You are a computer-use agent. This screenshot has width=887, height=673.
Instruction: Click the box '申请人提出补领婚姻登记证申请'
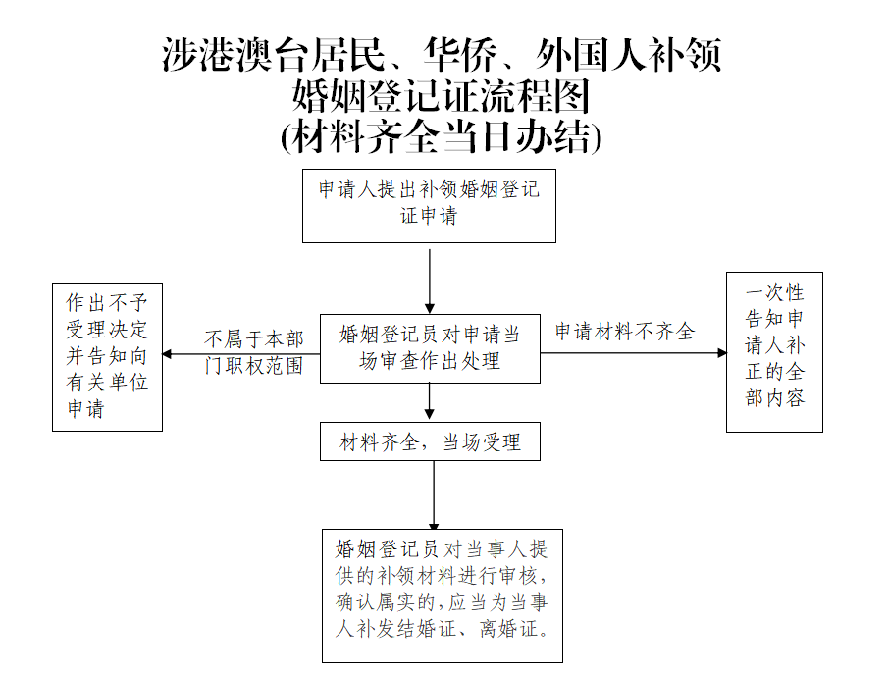coord(429,205)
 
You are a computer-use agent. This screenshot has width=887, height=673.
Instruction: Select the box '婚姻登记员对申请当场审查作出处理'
coord(430,348)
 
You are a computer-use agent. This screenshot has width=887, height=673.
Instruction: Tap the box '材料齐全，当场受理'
coord(430,442)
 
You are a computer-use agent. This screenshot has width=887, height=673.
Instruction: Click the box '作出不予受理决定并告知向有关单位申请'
coord(107,356)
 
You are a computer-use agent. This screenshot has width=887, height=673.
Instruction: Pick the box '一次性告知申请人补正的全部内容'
coord(774,351)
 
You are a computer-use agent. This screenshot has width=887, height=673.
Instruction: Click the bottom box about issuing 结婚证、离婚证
coord(443,595)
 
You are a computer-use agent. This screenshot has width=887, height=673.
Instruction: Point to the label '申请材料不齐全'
coord(625,332)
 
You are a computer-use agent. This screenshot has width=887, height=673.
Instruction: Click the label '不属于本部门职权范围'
coord(253,352)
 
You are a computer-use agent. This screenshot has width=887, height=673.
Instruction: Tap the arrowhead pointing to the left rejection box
coord(168,354)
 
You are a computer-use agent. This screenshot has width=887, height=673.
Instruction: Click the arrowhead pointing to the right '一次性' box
coord(720,352)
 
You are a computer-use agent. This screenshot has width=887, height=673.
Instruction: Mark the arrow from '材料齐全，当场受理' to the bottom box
coord(434,495)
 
